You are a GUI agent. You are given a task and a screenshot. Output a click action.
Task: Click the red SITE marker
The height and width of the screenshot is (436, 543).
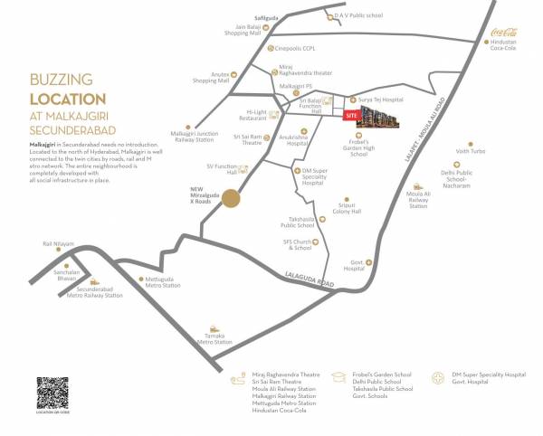[350, 115]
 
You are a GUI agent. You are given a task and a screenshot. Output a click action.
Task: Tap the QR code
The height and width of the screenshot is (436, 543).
[52, 393]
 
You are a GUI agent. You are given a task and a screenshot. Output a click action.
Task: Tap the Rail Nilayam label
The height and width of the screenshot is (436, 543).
[57, 243]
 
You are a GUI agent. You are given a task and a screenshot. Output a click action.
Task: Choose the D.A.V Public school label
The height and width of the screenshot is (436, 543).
[357, 15]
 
